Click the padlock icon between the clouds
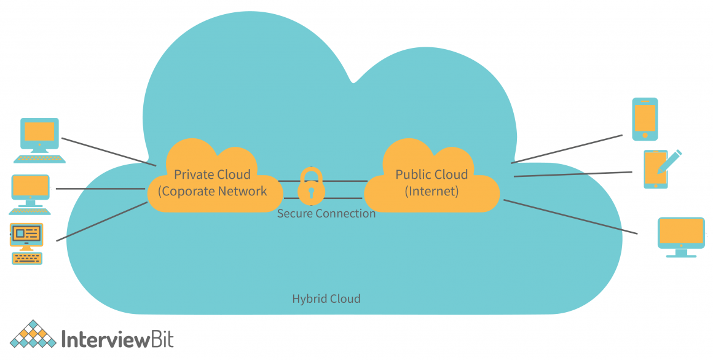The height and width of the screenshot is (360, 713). coord(311,187)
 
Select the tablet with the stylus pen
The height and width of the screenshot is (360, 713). coord(656,169)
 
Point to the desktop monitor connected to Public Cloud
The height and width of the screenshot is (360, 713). coord(681,234)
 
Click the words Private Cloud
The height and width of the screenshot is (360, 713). coord(212,174)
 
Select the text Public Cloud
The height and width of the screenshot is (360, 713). coord(431,174)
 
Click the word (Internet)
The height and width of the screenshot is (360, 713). coord(431,191)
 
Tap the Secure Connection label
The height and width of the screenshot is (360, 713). coord(326,214)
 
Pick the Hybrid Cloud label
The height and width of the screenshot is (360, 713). coord(326,299)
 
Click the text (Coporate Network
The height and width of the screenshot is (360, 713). coord(213,191)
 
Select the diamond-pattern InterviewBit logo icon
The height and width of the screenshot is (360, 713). coord(31,335)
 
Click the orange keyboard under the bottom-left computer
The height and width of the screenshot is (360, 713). coord(26,259)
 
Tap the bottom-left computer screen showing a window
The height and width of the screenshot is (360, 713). coord(26,234)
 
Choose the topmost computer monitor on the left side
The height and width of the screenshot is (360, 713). coord(40,133)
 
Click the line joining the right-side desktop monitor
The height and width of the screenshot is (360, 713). coord(572,217)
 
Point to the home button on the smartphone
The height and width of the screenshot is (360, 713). coord(645,135)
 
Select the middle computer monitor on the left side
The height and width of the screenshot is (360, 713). coord(30,187)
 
